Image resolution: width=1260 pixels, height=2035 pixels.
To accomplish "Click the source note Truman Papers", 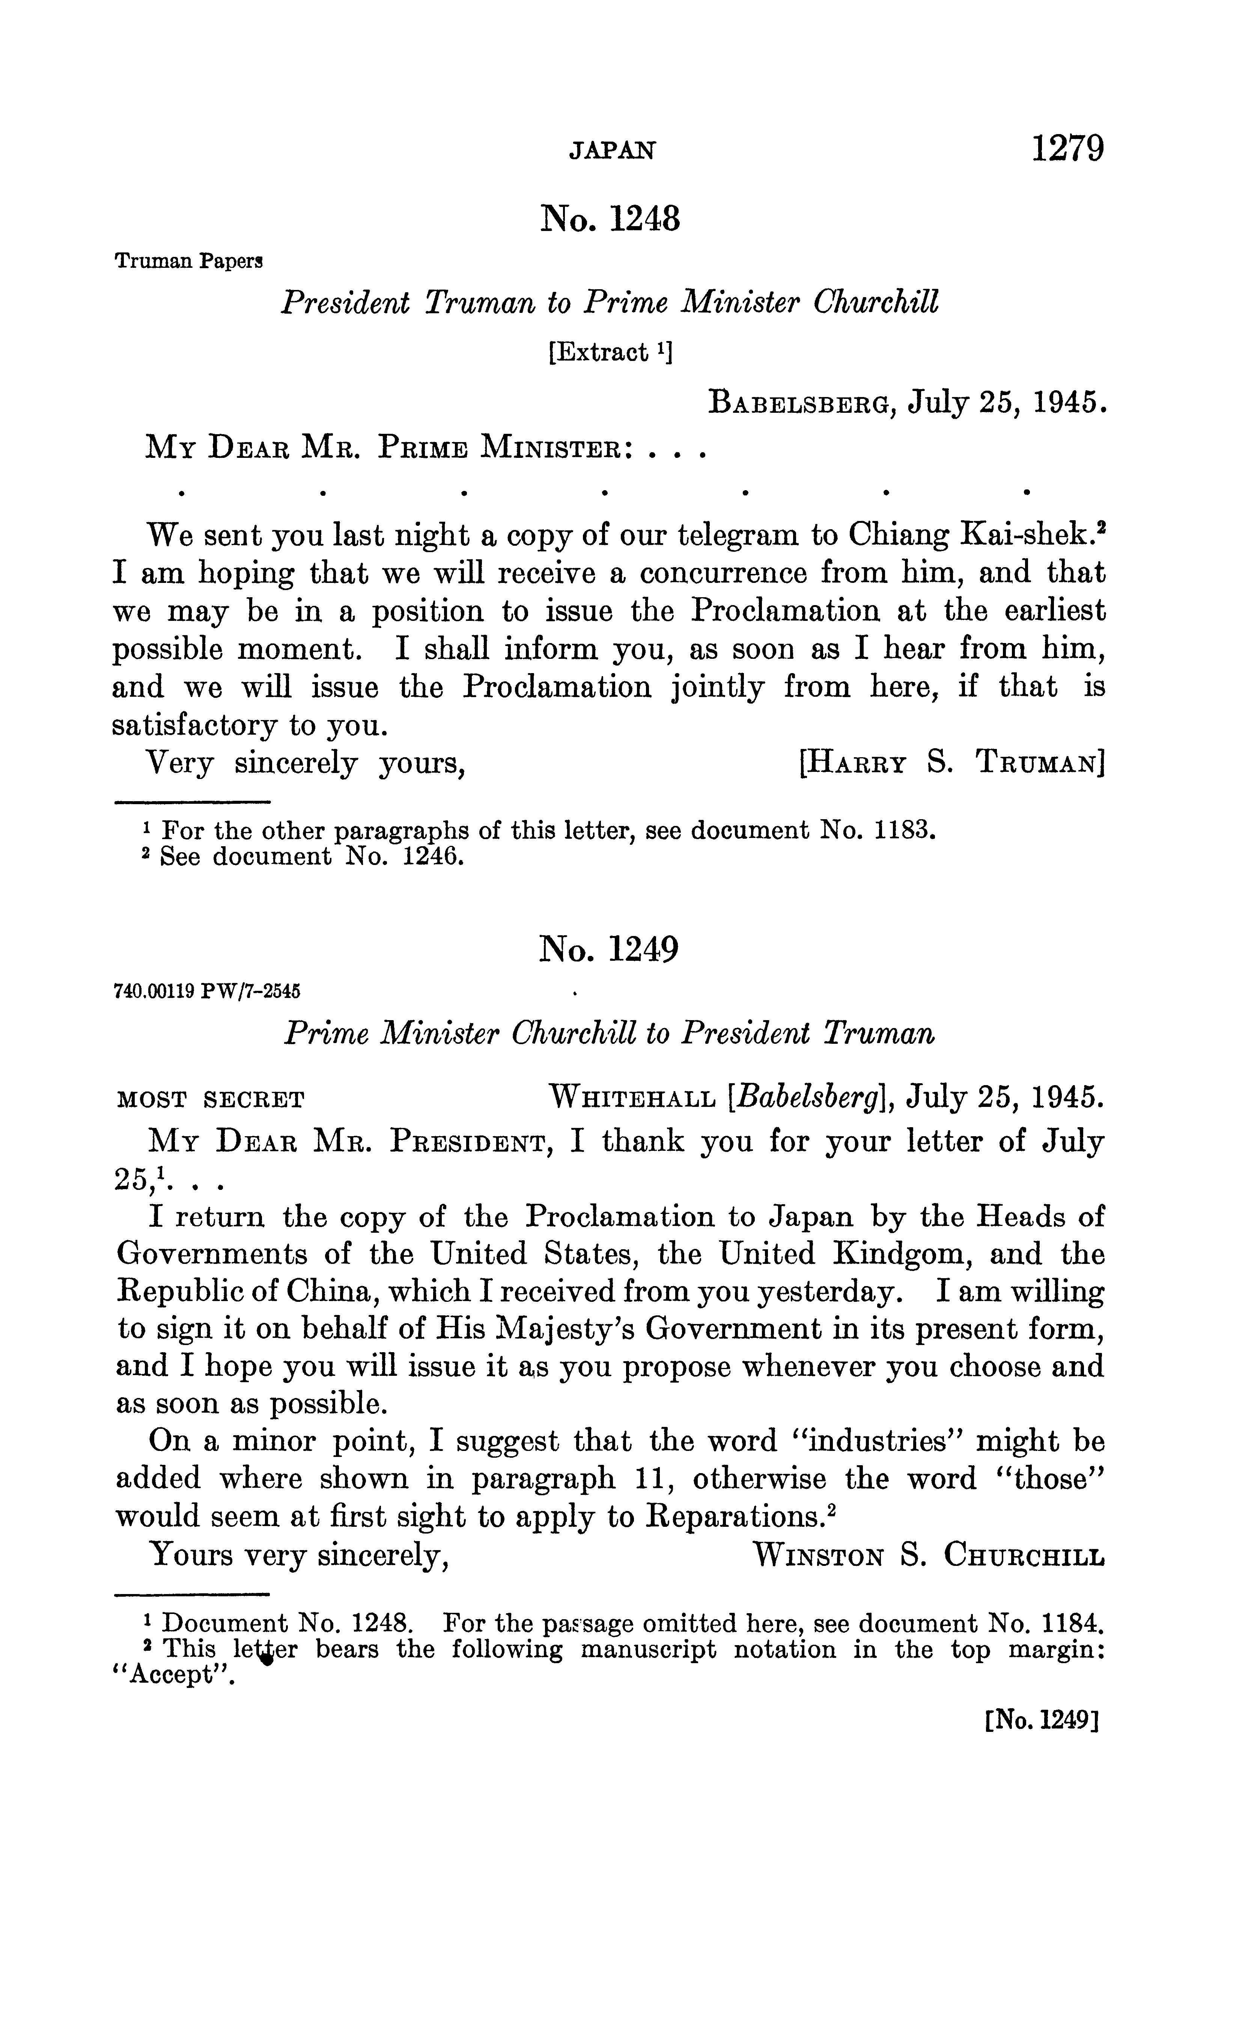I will (x=188, y=262).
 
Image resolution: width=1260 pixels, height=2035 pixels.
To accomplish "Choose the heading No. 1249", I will (x=609, y=949).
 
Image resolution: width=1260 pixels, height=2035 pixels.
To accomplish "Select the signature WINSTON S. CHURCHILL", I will (x=927, y=1555).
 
